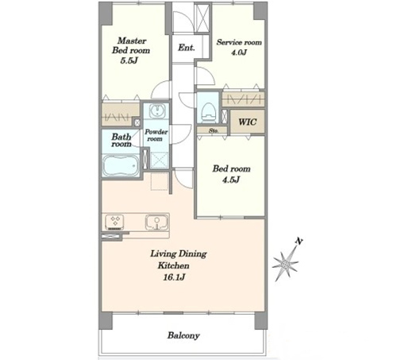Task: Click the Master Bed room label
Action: click(x=131, y=45)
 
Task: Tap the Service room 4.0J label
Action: click(x=239, y=47)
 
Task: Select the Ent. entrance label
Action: click(x=187, y=48)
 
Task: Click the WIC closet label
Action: click(x=248, y=122)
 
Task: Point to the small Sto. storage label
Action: click(x=214, y=130)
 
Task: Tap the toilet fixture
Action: click(x=209, y=112)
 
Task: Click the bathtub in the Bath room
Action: click(x=121, y=165)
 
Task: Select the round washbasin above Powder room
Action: click(x=157, y=110)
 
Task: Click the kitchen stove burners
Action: click(x=114, y=222)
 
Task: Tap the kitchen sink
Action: click(x=156, y=222)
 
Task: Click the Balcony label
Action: click(x=183, y=335)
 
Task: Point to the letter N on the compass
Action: click(x=299, y=242)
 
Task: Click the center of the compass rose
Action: click(x=285, y=264)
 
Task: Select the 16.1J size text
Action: click(x=174, y=277)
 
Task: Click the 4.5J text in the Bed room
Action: click(x=231, y=180)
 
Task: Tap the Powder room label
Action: click(x=156, y=135)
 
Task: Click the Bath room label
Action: click(x=121, y=141)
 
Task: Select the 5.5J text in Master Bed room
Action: click(x=129, y=60)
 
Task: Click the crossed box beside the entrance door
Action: click(x=202, y=17)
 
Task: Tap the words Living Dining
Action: click(x=179, y=254)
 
